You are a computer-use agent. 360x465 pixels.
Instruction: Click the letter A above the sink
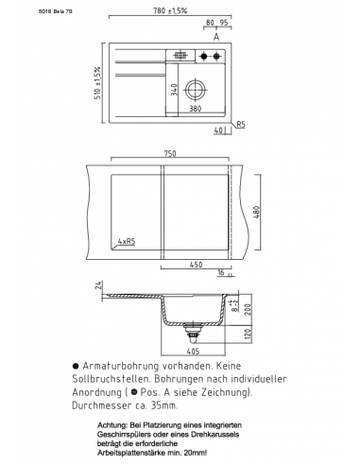tap(216, 37)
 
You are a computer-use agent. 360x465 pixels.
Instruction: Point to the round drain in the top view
tap(195, 90)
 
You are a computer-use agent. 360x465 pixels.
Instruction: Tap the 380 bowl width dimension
tap(196, 109)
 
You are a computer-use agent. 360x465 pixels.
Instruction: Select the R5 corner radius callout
tap(241, 124)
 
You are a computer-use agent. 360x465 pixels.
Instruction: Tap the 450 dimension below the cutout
tap(195, 265)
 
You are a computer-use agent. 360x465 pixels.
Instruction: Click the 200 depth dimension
tap(248, 309)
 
